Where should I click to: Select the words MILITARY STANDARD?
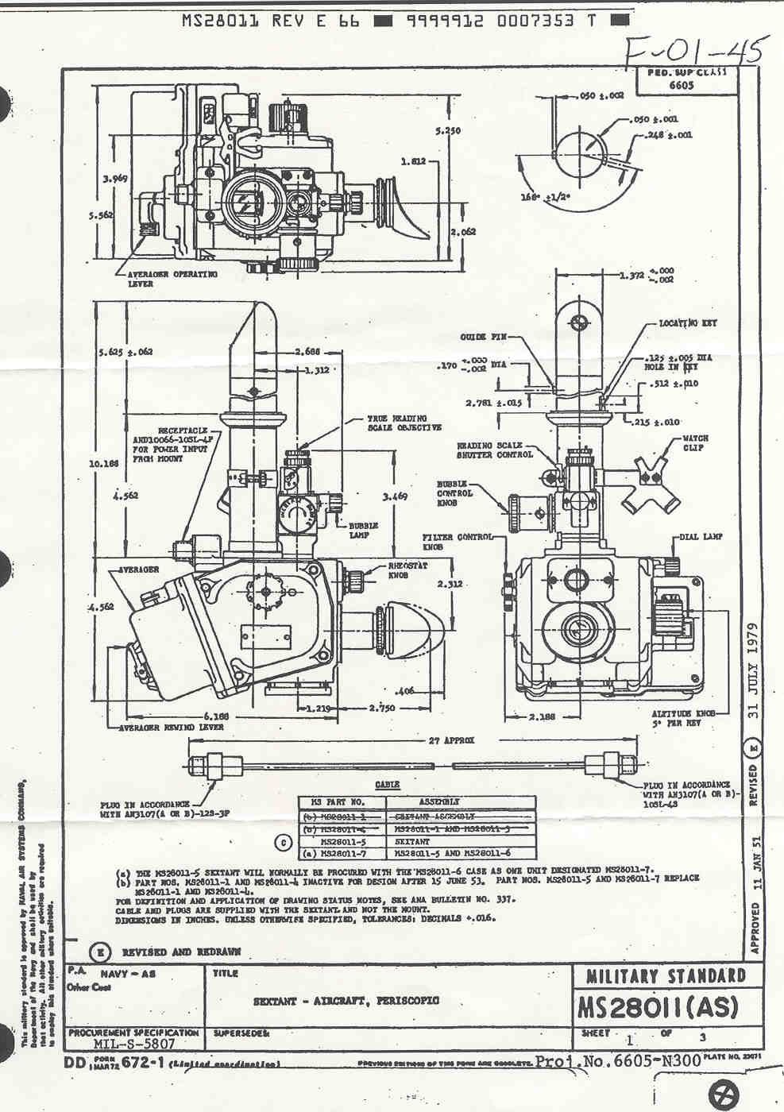tap(666, 976)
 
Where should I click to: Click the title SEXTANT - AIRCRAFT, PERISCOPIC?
tap(346, 1001)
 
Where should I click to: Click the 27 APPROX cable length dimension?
tap(452, 740)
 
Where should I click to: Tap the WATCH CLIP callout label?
tap(695, 442)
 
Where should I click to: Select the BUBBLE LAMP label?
tap(363, 530)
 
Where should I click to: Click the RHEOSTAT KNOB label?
tap(407, 570)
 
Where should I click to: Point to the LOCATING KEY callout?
tap(688, 324)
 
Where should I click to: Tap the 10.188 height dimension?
tap(105, 462)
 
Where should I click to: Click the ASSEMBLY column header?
tap(438, 801)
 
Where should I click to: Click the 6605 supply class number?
tap(681, 85)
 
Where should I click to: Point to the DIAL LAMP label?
tap(701, 537)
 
